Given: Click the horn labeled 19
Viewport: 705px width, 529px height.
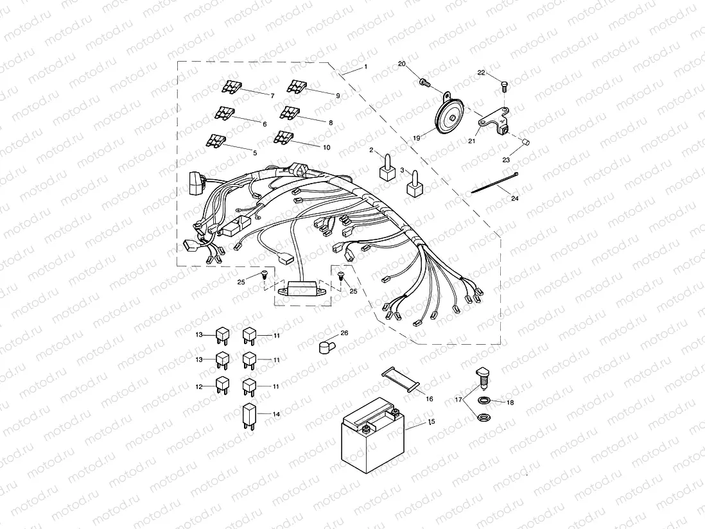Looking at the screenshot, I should [449, 116].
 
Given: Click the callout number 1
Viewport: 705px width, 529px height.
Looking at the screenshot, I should [365, 67].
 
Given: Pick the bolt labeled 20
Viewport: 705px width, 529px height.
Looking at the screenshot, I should [424, 82].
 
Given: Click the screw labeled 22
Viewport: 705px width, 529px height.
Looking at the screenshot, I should [504, 85].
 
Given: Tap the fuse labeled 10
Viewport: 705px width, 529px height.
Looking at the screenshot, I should [283, 137].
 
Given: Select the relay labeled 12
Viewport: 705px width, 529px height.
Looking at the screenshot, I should [222, 385].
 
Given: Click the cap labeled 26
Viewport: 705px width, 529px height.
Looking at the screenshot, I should [327, 347].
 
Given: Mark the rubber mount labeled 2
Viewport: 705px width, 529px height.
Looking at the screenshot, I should [387, 168].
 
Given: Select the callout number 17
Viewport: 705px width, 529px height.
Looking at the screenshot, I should [458, 399].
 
